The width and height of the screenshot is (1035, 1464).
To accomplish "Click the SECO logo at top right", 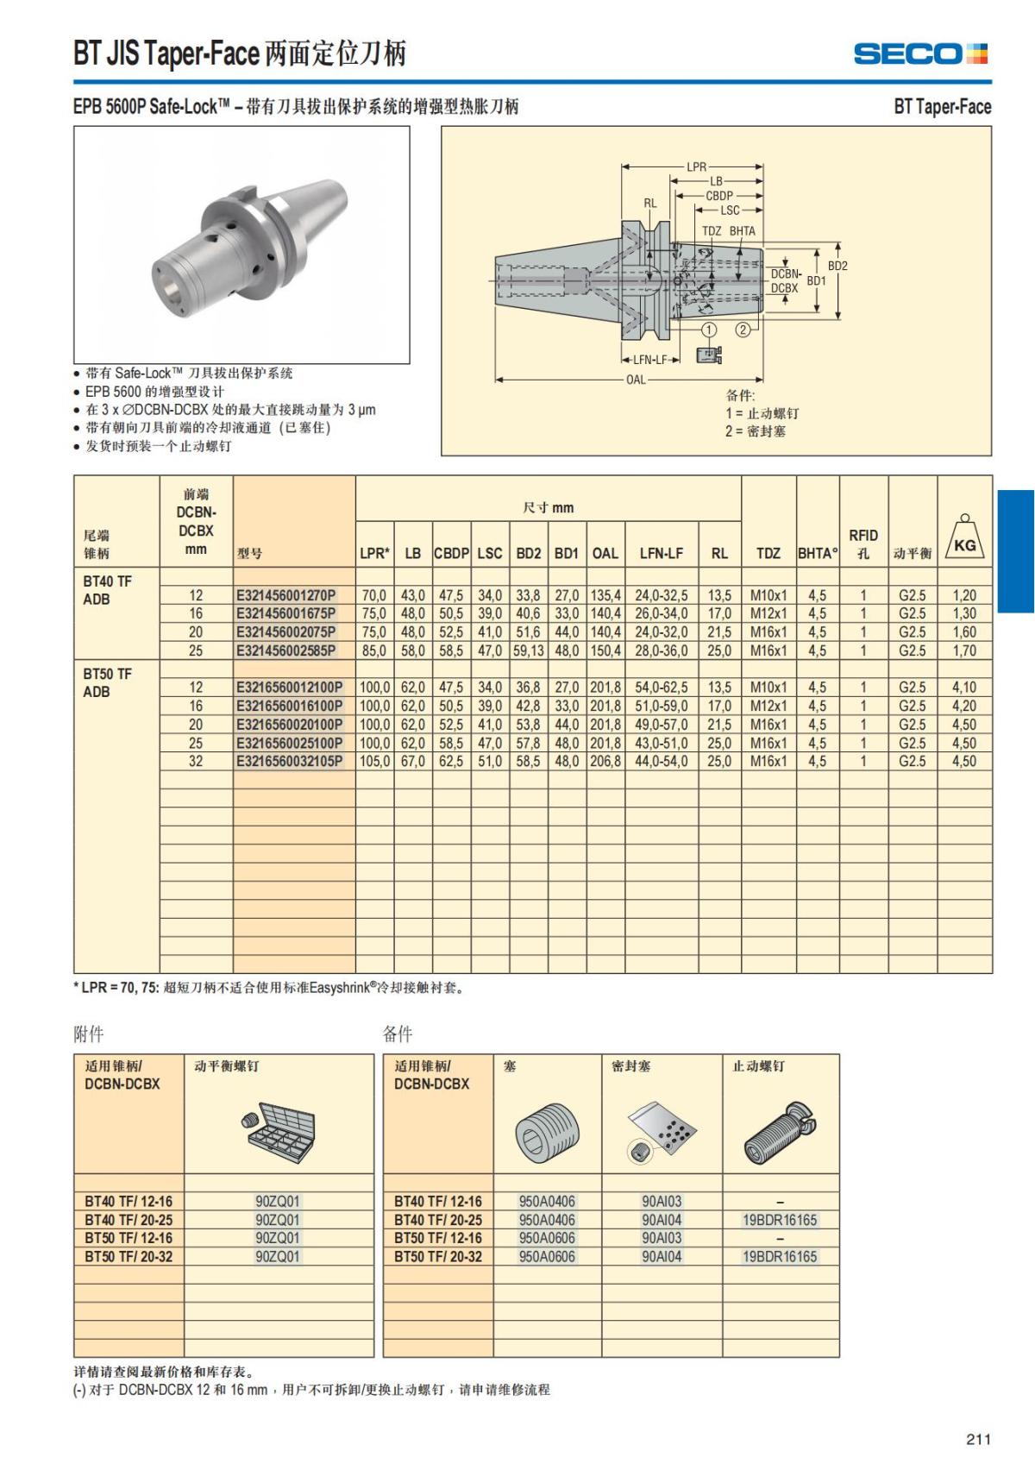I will (x=919, y=53).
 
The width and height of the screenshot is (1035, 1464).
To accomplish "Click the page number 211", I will (x=978, y=1439).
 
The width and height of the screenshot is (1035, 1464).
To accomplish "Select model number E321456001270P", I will (x=286, y=595).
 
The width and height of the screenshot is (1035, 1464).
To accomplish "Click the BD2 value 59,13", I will (x=528, y=650).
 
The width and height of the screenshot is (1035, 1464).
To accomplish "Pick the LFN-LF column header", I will (x=661, y=553).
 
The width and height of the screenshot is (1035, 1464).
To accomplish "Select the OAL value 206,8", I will (x=605, y=762).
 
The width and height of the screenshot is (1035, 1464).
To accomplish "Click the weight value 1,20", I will (x=964, y=595).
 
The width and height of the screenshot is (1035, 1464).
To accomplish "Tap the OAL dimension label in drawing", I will (x=636, y=380).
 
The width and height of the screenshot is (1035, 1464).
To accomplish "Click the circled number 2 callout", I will (x=743, y=330).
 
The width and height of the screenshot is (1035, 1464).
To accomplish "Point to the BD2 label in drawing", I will (x=837, y=266).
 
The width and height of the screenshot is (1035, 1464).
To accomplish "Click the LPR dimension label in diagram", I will (x=696, y=167).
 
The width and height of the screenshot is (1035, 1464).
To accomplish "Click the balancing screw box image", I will (x=278, y=1130).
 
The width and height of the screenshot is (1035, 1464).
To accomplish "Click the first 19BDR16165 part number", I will (x=780, y=1220).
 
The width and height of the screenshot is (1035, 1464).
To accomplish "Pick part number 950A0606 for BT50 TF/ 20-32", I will (x=547, y=1257).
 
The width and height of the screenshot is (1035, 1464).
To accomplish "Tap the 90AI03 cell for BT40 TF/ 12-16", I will (x=662, y=1202).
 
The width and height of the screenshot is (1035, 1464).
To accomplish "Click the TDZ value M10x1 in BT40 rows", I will (x=768, y=595).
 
